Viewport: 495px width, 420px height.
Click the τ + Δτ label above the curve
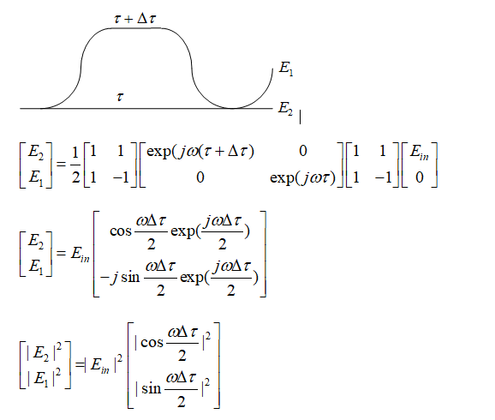pyautogui.click(x=134, y=19)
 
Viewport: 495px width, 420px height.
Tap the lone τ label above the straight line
pyautogui.click(x=120, y=96)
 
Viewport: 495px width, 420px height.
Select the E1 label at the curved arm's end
pyautogui.click(x=286, y=69)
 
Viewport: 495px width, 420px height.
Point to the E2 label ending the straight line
pyautogui.click(x=285, y=108)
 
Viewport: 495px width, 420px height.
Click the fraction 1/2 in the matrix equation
pyautogui.click(x=75, y=165)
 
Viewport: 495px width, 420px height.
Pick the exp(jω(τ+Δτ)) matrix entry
pyautogui.click(x=200, y=152)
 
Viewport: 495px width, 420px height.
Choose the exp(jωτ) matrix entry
pyautogui.click(x=302, y=178)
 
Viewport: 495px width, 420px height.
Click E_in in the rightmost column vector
pyautogui.click(x=420, y=152)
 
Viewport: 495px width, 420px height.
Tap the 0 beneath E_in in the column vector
pyautogui.click(x=420, y=177)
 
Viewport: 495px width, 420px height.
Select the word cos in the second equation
pyautogui.click(x=121, y=231)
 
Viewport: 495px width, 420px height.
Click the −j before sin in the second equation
pyautogui.click(x=110, y=278)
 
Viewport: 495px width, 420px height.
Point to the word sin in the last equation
pyautogui.click(x=152, y=388)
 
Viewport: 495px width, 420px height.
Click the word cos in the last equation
pyautogui.click(x=152, y=342)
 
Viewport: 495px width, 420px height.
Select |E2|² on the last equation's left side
pyautogui.click(x=45, y=352)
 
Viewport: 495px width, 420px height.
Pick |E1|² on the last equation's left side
pyautogui.click(x=45, y=377)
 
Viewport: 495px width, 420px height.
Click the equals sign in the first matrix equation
pyautogui.click(x=61, y=165)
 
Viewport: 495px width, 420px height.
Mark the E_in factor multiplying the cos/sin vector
pyautogui.click(x=81, y=254)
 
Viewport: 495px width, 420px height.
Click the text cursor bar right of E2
pyautogui.click(x=300, y=117)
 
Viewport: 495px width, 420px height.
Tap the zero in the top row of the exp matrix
pyautogui.click(x=303, y=151)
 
